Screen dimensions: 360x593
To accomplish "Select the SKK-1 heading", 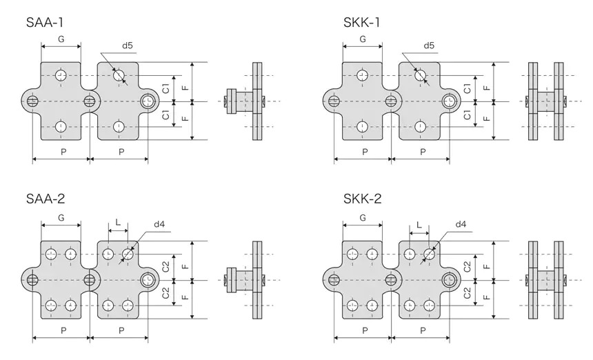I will point(362,22).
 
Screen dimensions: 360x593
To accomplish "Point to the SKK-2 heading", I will point(362,199).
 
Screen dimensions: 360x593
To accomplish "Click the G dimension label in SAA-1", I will point(61,39).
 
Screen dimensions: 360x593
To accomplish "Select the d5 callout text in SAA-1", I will point(128,46).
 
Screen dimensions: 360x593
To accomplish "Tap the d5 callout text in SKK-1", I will point(428,46).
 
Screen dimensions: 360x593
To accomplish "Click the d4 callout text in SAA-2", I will point(159,224).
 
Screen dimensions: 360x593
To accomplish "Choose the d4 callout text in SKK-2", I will point(461,224).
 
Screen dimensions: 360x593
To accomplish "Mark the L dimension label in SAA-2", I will point(118,223).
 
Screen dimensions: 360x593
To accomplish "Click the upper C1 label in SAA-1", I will point(165,88).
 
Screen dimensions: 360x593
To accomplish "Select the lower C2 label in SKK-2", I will point(467,293).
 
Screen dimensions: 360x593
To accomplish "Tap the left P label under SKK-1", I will point(363,151).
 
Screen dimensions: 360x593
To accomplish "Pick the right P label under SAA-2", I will point(121,330).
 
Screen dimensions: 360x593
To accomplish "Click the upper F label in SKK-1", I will point(487,87).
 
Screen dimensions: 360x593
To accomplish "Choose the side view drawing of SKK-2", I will point(545,280).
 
